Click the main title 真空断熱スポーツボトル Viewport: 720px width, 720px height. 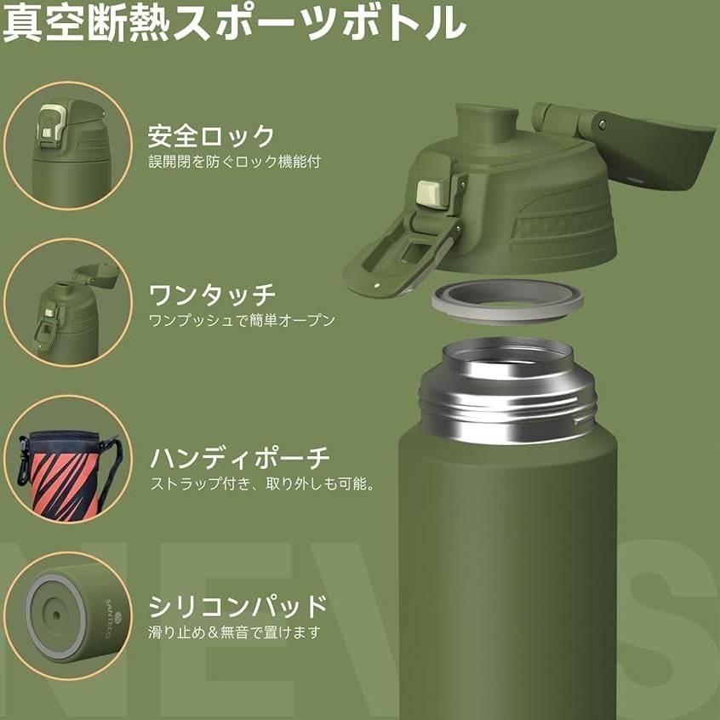point(234,22)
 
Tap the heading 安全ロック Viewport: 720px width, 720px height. point(211,136)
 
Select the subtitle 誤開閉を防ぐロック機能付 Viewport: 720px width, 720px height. point(235,162)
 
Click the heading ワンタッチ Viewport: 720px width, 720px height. point(212,294)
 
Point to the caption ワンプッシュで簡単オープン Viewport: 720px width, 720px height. point(242,320)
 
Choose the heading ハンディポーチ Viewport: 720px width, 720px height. point(240,458)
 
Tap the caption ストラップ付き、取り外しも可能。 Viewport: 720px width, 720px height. point(262,483)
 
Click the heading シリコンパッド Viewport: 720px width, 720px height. point(237,606)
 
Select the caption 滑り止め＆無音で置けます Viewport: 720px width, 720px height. point(234,632)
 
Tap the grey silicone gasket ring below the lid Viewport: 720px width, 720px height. point(507,300)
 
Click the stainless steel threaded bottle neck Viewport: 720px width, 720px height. point(507,391)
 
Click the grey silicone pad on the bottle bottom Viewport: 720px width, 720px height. point(56,615)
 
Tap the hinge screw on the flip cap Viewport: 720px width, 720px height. point(602,124)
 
